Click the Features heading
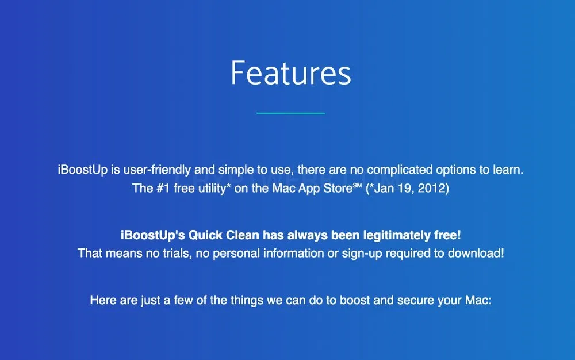pos(291,73)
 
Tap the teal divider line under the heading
pos(291,113)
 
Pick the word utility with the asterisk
pos(214,189)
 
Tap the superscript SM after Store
pos(358,185)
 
